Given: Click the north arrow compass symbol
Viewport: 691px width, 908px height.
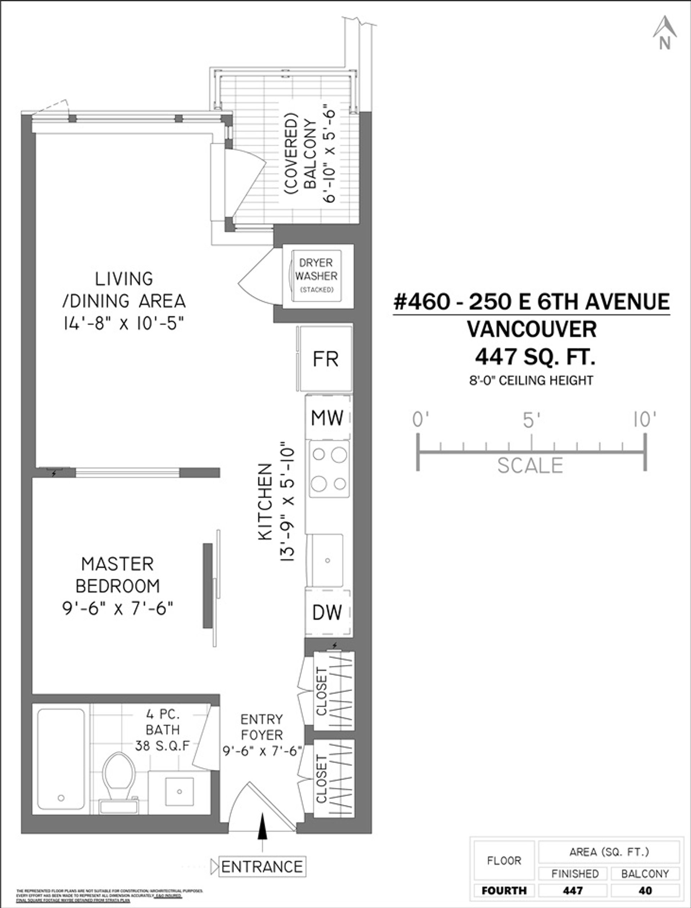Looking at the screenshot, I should pyautogui.click(x=665, y=33).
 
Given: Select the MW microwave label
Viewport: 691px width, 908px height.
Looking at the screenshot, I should pyautogui.click(x=328, y=418).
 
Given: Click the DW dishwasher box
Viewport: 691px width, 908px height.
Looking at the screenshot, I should pyautogui.click(x=328, y=612).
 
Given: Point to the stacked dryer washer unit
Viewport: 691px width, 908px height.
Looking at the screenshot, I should pyautogui.click(x=316, y=276).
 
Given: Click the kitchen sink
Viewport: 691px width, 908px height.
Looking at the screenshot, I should pyautogui.click(x=328, y=560).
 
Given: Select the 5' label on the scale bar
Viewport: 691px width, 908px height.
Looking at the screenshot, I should pyautogui.click(x=532, y=420).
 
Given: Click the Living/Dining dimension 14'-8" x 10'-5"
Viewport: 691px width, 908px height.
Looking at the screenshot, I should pyautogui.click(x=123, y=323).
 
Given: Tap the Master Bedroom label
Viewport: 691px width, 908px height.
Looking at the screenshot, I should pyautogui.click(x=118, y=574).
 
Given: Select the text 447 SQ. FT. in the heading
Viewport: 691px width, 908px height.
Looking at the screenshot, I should pyautogui.click(x=535, y=356).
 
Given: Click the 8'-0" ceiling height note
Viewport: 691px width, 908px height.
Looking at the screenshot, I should pyautogui.click(x=532, y=380).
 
